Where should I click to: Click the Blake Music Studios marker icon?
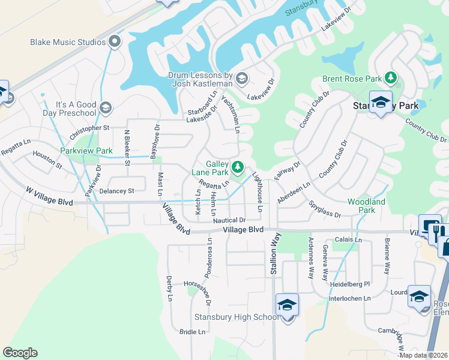coord(116,42)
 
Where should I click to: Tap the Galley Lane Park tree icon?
coord(238,166)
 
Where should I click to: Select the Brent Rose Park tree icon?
coord(391,78)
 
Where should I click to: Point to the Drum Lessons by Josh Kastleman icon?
coord(242,77)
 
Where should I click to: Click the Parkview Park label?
coord(86,151)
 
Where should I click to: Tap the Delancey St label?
coord(117,191)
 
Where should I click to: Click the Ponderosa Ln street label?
coord(209,255)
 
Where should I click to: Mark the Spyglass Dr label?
coord(325,210)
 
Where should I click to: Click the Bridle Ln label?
coord(193,331)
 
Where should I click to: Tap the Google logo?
coord(20,353)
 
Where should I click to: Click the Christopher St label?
coord(89,130)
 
